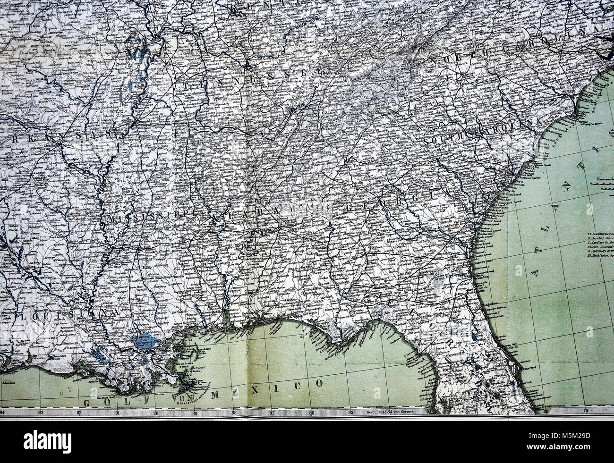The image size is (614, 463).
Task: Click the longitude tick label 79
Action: coord(585,410)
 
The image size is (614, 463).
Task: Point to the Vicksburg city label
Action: coord(125,246)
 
